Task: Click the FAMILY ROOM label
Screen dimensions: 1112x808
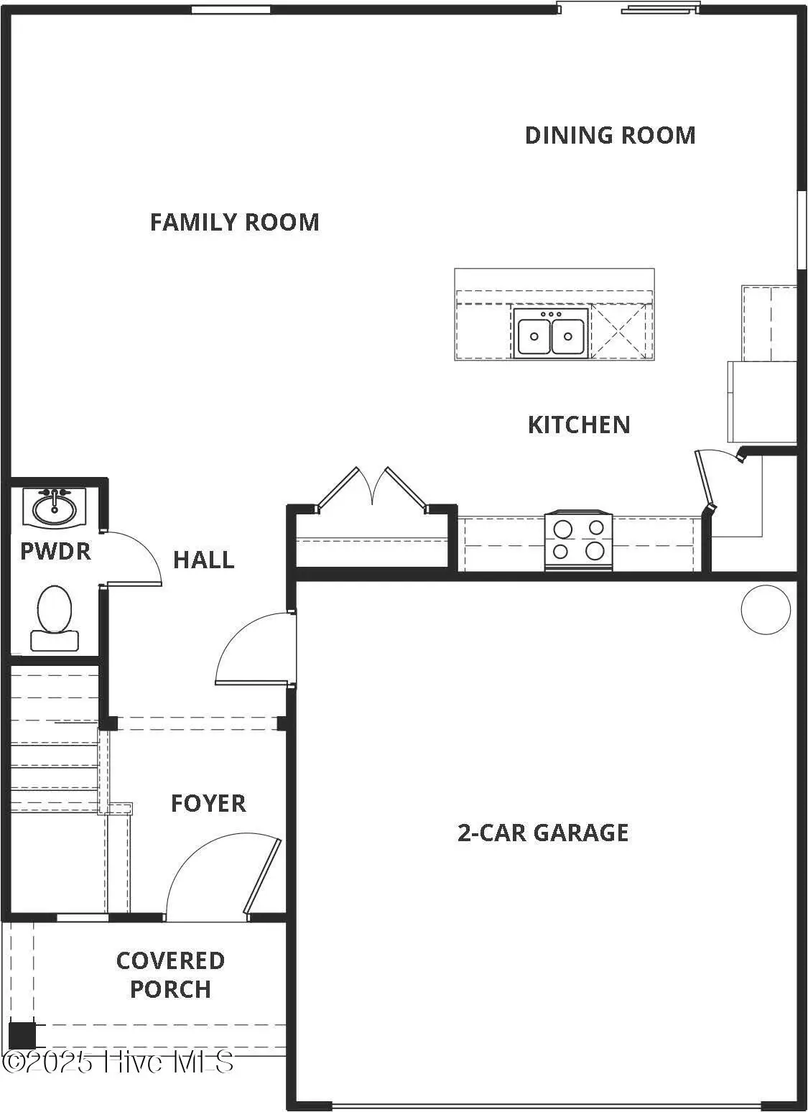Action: pyautogui.click(x=234, y=222)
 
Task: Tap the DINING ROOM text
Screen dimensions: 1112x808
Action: pyautogui.click(x=610, y=135)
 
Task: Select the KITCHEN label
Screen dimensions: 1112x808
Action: pyautogui.click(x=579, y=425)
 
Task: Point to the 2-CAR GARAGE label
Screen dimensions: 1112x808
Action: pyautogui.click(x=543, y=833)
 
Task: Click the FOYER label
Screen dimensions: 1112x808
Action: pyautogui.click(x=208, y=803)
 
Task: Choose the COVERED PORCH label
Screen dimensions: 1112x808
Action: pyautogui.click(x=170, y=975)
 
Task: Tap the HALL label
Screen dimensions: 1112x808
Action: pyautogui.click(x=204, y=560)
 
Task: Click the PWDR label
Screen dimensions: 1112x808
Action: pyautogui.click(x=55, y=551)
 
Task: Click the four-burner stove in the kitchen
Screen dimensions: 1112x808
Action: pyautogui.click(x=579, y=541)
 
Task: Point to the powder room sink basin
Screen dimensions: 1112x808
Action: pyautogui.click(x=54, y=508)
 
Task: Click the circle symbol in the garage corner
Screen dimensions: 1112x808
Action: pyautogui.click(x=766, y=610)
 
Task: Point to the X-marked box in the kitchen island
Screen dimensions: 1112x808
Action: pyautogui.click(x=621, y=330)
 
